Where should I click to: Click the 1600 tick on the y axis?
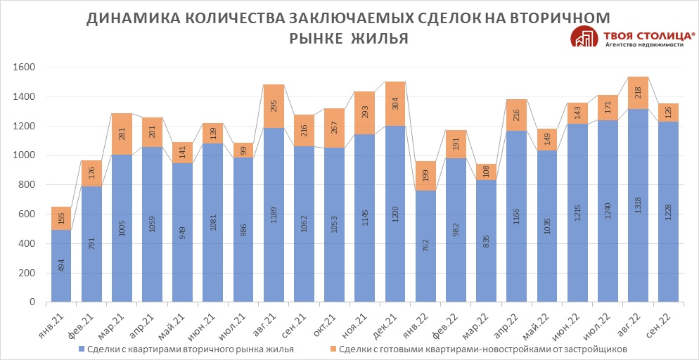(25, 67)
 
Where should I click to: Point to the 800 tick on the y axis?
(27, 185)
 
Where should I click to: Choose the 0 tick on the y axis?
(32, 302)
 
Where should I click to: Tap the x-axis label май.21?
(181, 324)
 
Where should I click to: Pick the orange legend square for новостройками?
(332, 349)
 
